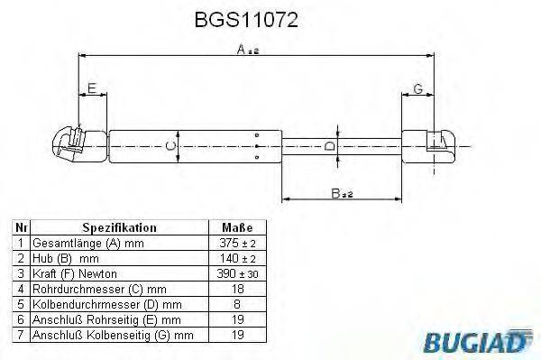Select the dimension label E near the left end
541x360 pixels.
pos(91,88)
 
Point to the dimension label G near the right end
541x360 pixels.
pos(417,88)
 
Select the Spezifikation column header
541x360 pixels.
pos(119,228)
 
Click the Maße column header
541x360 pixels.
pos(236,228)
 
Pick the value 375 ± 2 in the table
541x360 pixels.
pos(236,244)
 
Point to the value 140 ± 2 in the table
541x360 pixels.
pos(236,258)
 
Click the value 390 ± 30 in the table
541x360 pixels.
pos(236,273)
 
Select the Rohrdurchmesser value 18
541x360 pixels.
pos(236,289)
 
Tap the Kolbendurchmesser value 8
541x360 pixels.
pos(236,304)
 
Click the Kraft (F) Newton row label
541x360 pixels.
pos(74,273)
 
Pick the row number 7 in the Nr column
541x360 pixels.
pos(19,335)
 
